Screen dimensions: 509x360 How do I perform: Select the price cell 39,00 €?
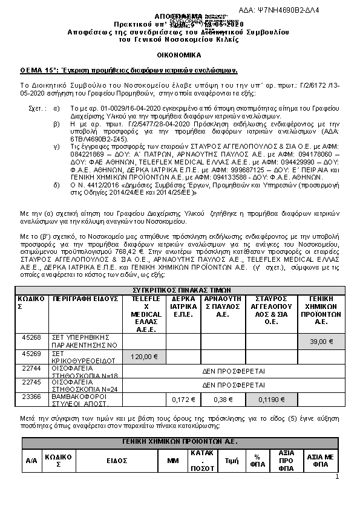pos(321,342)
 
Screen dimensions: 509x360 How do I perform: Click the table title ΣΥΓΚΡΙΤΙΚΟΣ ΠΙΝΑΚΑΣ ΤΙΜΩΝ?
pos(180,291)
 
